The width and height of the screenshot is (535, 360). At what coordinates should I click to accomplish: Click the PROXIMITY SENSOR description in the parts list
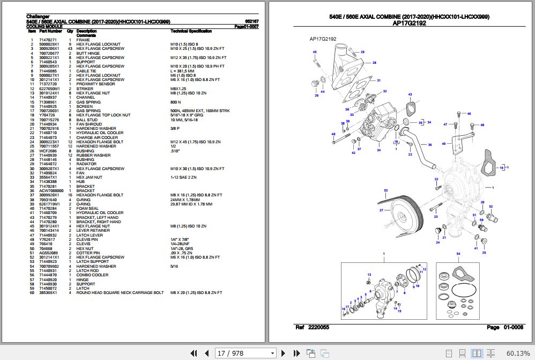pyautogui.click(x=95, y=84)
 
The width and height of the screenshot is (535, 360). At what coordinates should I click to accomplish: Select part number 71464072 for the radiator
pyautogui.click(x=49, y=164)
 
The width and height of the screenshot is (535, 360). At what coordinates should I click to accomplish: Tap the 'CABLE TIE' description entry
pyautogui.click(x=86, y=71)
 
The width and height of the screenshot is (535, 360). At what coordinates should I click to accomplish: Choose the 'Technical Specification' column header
pyautogui.click(x=191, y=32)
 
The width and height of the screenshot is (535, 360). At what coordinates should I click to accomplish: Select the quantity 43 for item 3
pyautogui.click(x=70, y=49)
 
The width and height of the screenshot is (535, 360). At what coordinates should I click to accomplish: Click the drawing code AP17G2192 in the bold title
pyautogui.click(x=409, y=24)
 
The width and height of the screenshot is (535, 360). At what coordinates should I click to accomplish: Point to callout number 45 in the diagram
pyautogui.click(x=315, y=52)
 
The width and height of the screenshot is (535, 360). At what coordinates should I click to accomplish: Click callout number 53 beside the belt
pyautogui.click(x=385, y=190)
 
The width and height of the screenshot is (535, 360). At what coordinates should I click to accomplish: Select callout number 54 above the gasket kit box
pyautogui.click(x=458, y=253)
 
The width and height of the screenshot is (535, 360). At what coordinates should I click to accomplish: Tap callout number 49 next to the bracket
pyautogui.click(x=443, y=144)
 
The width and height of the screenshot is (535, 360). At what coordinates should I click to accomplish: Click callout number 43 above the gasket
pyautogui.click(x=410, y=94)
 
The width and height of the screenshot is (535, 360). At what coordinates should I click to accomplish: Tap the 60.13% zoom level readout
pyautogui.click(x=517, y=353)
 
